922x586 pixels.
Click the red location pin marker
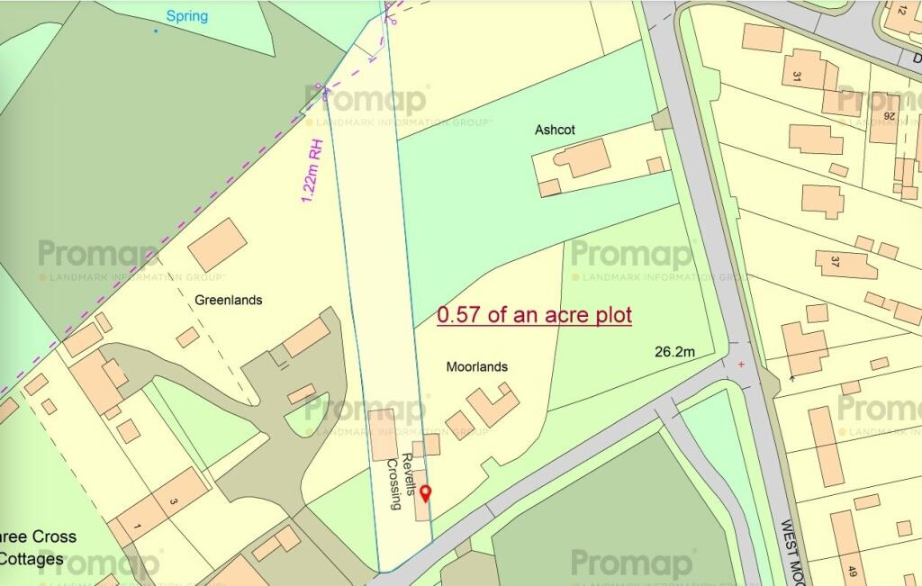[426, 492]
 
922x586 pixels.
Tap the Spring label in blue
[187, 16]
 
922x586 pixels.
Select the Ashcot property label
[555, 130]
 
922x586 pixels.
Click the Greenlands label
[228, 300]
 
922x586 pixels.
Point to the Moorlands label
[477, 366]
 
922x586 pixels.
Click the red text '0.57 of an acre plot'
[535, 315]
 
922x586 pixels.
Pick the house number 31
[796, 76]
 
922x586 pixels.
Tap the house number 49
[852, 570]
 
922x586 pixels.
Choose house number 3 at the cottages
[172, 501]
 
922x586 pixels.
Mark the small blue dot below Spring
[155, 32]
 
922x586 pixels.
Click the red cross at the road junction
[741, 365]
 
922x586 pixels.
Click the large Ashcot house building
[581, 158]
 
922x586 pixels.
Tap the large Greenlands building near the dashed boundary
[217, 244]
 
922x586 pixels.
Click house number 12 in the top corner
[901, 11]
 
